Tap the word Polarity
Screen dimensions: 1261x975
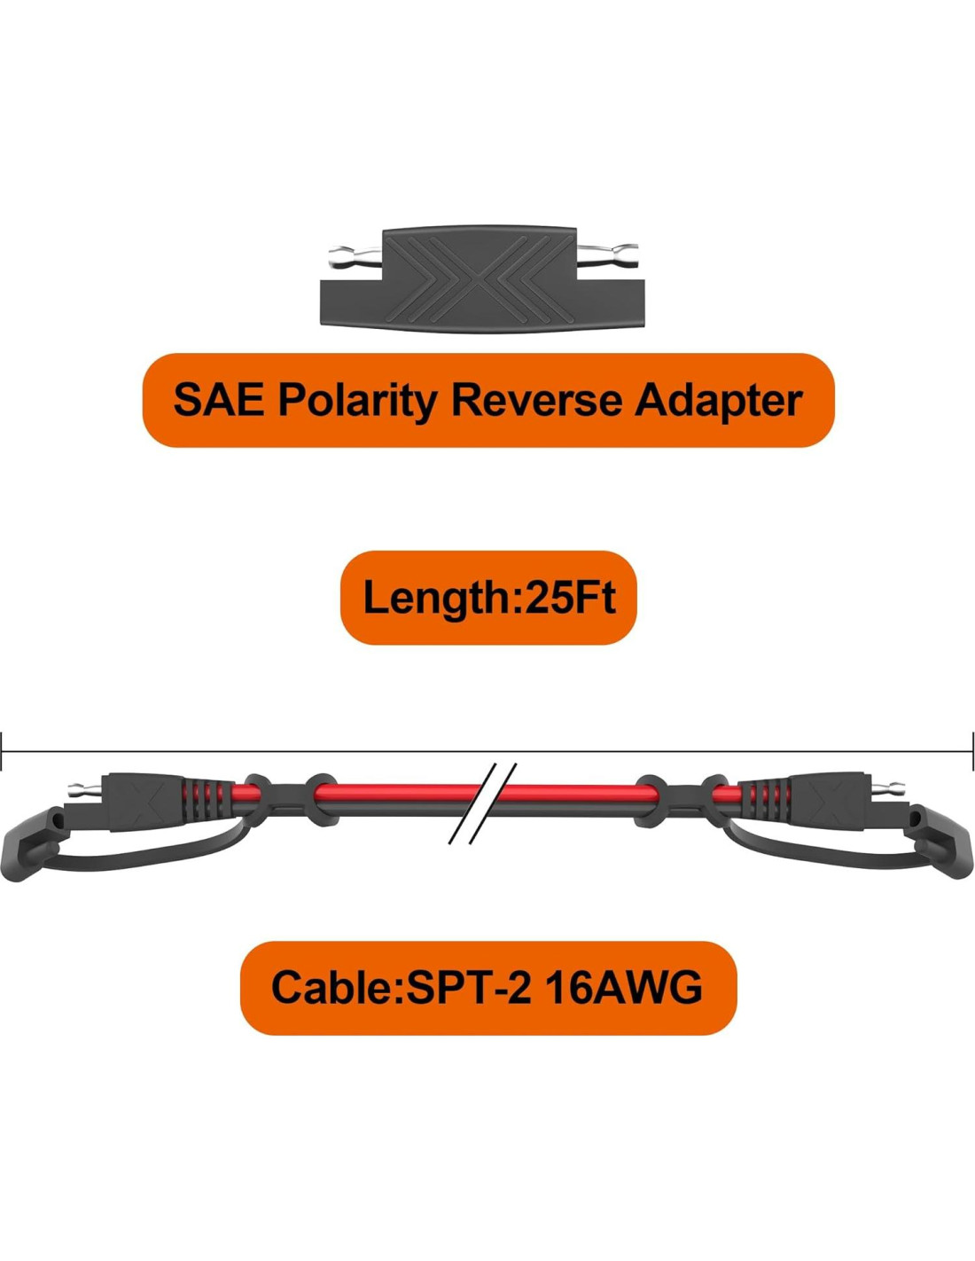[x=357, y=401]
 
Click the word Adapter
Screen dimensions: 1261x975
[x=718, y=401]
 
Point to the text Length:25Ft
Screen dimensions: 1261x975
[x=488, y=597]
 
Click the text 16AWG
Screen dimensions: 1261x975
[x=624, y=987]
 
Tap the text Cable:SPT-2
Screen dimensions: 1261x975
[x=401, y=987]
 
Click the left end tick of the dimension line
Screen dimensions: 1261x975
[x=3, y=752]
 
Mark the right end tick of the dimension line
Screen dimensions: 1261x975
[x=971, y=752]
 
